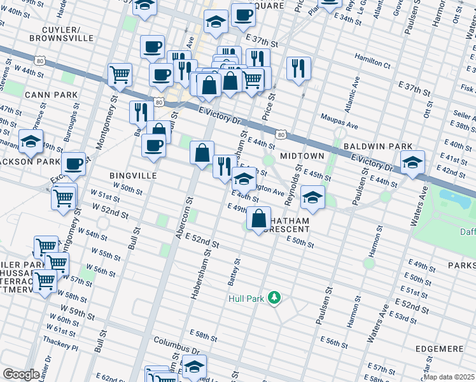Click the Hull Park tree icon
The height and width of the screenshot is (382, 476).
(x=274, y=297)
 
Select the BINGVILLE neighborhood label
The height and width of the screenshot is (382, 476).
(x=133, y=175)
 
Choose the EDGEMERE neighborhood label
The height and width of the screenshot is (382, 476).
(x=441, y=349)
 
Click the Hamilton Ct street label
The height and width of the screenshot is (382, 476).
(x=373, y=64)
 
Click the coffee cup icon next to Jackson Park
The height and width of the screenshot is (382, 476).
(x=74, y=164)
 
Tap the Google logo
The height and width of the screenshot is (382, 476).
(x=22, y=374)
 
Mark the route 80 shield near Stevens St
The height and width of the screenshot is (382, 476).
(x=40, y=60)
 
